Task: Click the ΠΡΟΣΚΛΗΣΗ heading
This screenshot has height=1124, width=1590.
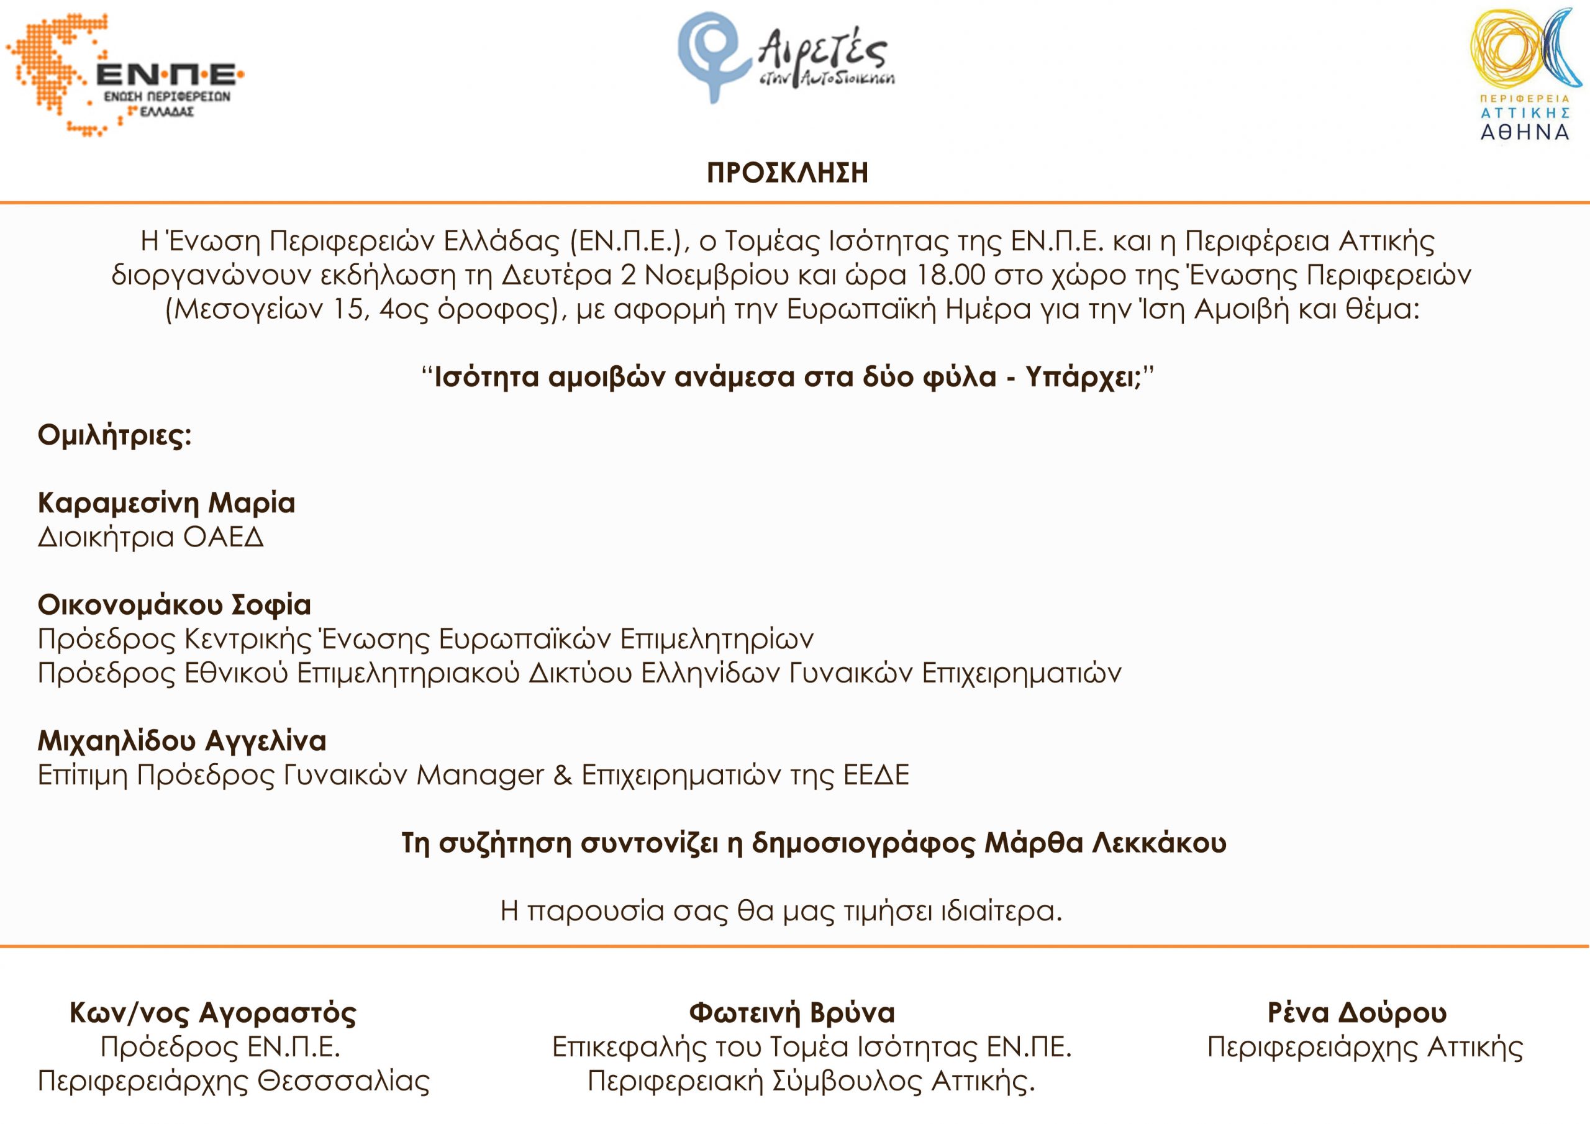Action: tap(788, 173)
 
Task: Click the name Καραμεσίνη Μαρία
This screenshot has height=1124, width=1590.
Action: tap(166, 503)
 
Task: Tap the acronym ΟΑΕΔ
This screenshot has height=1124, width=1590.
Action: tap(224, 537)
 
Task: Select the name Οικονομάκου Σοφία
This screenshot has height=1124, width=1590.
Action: tap(174, 605)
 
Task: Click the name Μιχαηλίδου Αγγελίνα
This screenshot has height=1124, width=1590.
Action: tap(181, 741)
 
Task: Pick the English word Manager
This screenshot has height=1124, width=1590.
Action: tap(481, 775)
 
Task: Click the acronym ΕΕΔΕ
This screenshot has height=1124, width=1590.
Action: tap(876, 775)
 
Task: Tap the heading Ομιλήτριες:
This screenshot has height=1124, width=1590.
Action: tap(114, 435)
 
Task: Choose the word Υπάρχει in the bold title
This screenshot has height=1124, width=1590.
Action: tap(1083, 378)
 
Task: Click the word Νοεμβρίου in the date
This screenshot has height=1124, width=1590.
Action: tap(717, 276)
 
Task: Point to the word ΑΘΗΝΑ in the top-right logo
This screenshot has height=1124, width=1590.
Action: tap(1525, 132)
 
